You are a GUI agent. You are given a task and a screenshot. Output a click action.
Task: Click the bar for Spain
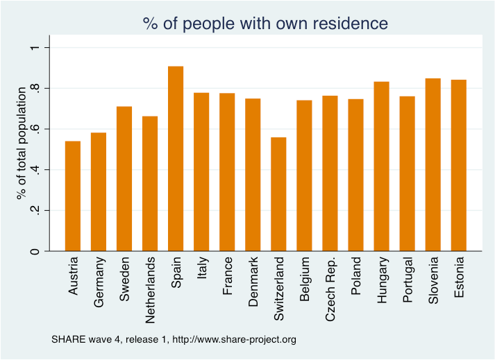click(x=176, y=159)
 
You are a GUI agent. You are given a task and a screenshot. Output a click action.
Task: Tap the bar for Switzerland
click(x=278, y=194)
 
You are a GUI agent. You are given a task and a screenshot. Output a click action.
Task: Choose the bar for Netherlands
click(x=150, y=184)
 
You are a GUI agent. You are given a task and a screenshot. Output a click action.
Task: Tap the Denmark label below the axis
click(x=253, y=280)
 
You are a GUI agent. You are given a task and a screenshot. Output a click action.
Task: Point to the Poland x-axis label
click(x=356, y=275)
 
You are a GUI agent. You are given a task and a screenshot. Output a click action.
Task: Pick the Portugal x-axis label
click(x=408, y=280)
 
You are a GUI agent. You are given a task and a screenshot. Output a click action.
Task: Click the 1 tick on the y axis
click(x=34, y=47)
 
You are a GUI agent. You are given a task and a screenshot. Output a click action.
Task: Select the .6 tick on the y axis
click(x=34, y=129)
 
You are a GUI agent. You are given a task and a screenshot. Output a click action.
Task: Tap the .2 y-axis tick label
click(x=34, y=211)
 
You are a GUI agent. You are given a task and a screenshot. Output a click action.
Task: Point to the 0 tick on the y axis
click(x=34, y=251)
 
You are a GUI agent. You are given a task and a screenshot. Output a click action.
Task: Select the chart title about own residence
click(x=265, y=23)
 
